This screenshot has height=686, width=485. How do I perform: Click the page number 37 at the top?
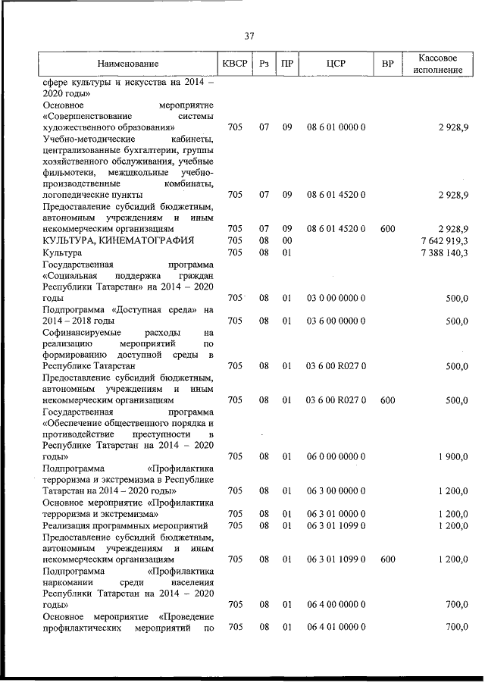pos(249,36)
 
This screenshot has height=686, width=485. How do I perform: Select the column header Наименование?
pos(127,64)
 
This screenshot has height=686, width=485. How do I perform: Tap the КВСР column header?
pos(235,64)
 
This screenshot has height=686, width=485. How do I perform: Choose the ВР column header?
pos(387,64)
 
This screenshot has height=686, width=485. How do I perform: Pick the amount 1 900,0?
pos(452,457)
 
